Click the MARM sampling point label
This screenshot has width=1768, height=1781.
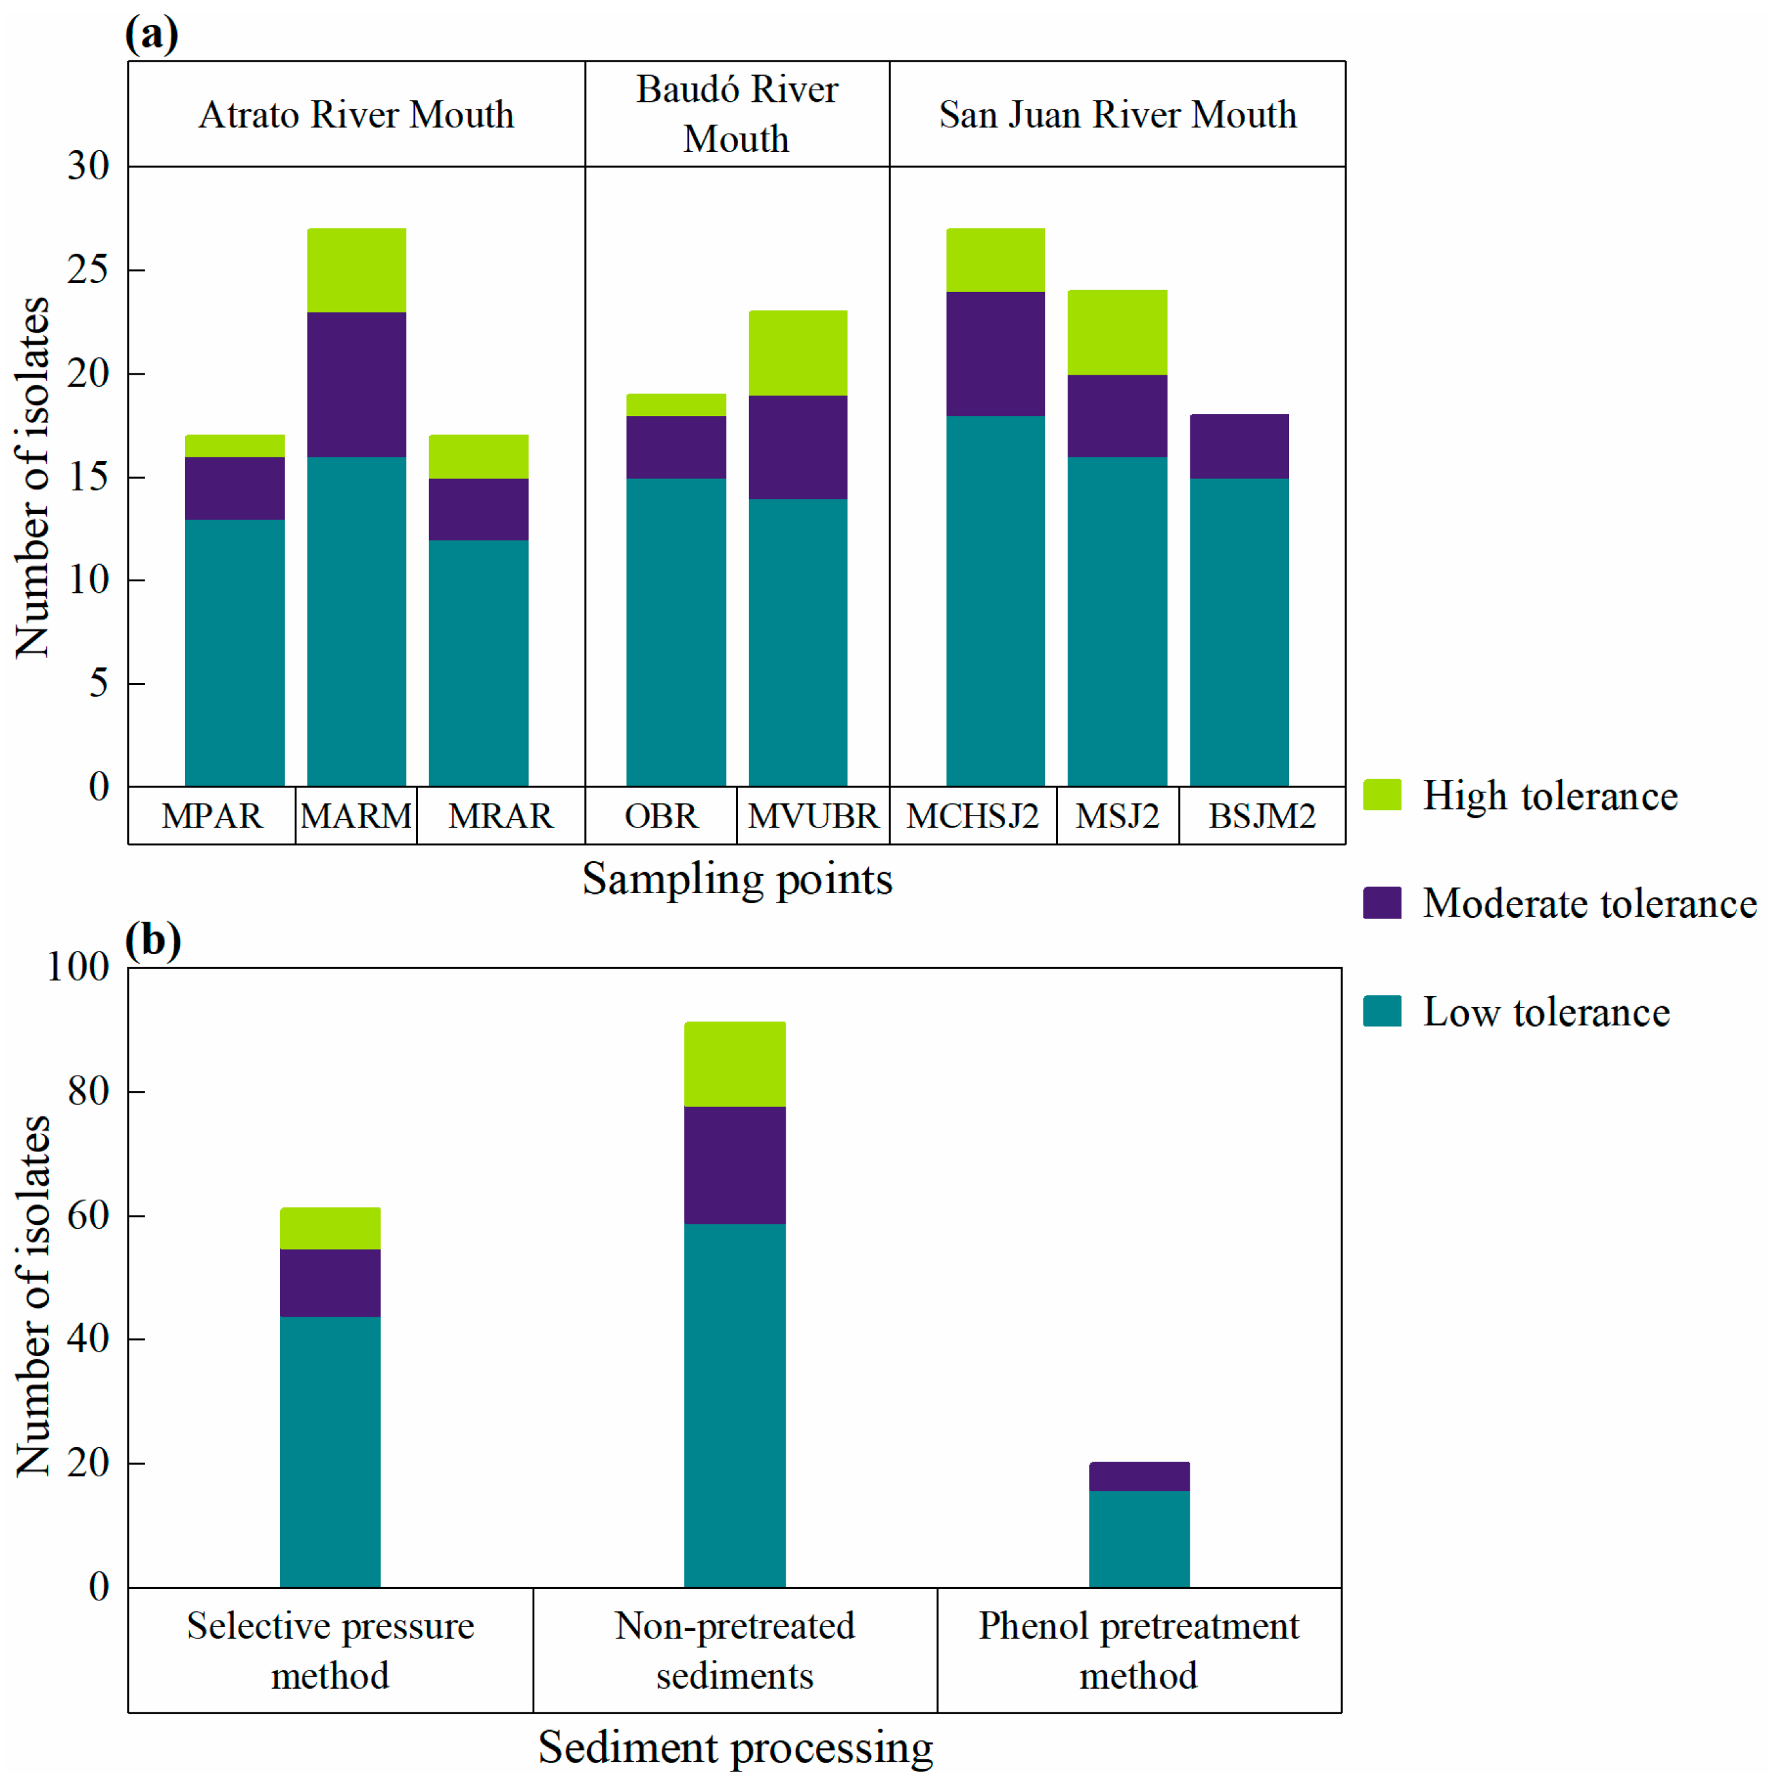356,816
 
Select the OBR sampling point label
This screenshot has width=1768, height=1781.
661,816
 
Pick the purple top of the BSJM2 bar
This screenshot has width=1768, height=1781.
1238,446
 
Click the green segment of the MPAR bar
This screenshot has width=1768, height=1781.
234,446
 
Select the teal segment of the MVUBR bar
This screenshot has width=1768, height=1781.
797,642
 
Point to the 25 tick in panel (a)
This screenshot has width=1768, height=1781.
88,269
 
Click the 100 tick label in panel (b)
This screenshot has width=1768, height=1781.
78,966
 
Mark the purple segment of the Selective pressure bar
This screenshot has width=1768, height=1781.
330,1282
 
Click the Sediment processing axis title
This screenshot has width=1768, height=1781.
735,1747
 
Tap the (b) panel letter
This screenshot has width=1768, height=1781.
152,939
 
